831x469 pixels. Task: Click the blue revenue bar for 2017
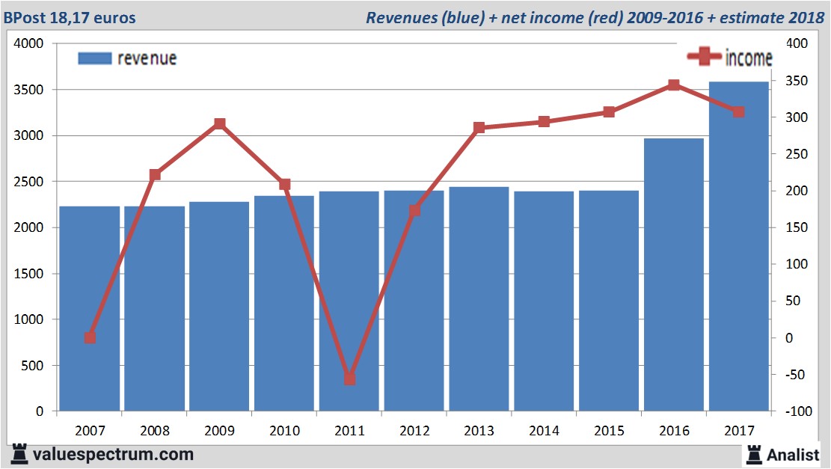coord(738,247)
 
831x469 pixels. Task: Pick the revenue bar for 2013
coord(479,299)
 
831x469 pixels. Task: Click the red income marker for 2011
coord(349,379)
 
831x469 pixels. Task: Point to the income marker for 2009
coord(220,123)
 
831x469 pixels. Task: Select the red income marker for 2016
coord(673,85)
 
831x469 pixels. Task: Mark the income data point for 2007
coord(90,337)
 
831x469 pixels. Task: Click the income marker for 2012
coord(414,211)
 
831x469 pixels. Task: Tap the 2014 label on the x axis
coord(544,431)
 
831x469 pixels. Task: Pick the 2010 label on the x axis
coord(284,431)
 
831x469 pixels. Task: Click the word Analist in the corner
coord(794,455)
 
